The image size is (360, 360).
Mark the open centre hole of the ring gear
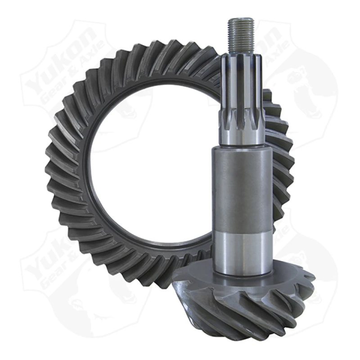coord(148,171)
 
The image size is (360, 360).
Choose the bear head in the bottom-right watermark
coord(306,288)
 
